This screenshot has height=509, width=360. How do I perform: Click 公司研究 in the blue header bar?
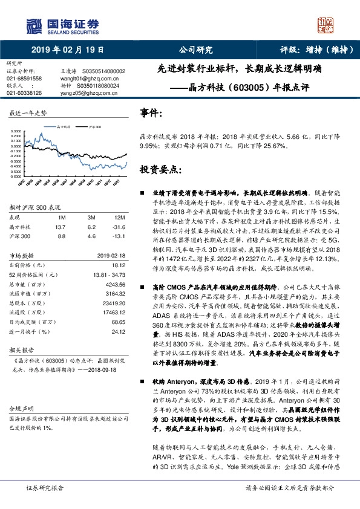[x=197, y=51]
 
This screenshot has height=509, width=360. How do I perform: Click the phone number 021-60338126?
[x=24, y=93]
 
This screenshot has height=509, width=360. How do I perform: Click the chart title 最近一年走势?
[x=28, y=113]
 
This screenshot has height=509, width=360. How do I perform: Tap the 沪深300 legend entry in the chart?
[x=94, y=128]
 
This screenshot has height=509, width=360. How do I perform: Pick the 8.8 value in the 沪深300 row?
[x=61, y=236]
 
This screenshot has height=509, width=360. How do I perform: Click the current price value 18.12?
[x=118, y=265]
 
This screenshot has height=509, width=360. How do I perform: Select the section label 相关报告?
[x=20, y=349]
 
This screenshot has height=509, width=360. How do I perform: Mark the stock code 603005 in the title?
[x=251, y=86]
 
